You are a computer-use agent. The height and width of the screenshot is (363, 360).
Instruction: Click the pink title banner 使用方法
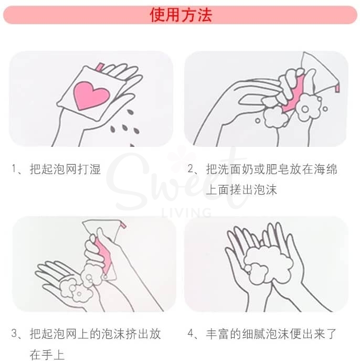click(x=180, y=15)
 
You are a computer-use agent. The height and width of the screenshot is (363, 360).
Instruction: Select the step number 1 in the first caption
click(x=14, y=169)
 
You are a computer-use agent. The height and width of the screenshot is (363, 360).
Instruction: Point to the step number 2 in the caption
click(x=192, y=169)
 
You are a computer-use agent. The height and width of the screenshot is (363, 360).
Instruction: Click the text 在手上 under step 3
click(x=47, y=355)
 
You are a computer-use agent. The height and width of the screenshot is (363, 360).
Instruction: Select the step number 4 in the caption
click(x=192, y=334)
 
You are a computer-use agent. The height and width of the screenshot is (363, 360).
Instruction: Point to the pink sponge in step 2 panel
click(x=291, y=94)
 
